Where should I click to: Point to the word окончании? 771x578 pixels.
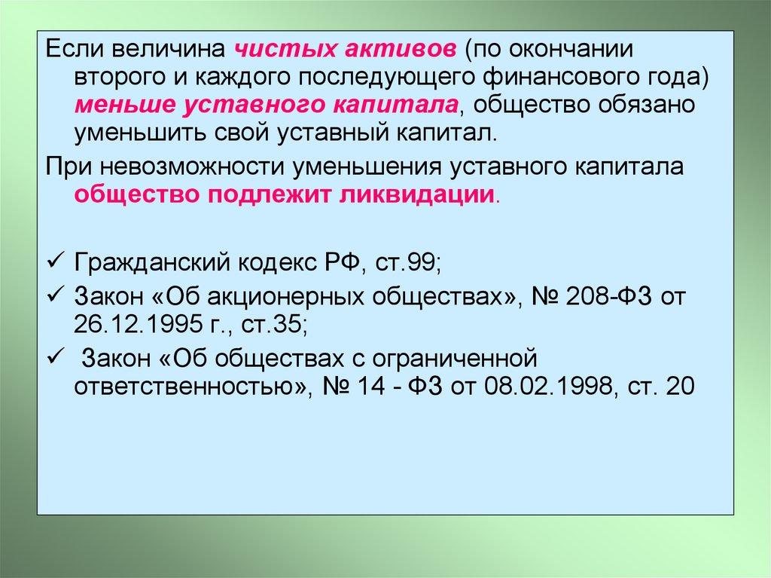pos(571,49)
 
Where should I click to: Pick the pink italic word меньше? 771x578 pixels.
pos(126,106)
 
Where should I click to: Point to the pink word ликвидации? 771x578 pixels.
pos(416,194)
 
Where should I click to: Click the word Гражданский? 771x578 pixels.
pos(152,262)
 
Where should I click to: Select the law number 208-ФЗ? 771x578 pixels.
pos(608,296)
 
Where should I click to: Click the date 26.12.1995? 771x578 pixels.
pos(138,325)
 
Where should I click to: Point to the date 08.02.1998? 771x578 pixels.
pos(548,386)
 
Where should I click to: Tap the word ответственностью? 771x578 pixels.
pos(189,386)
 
